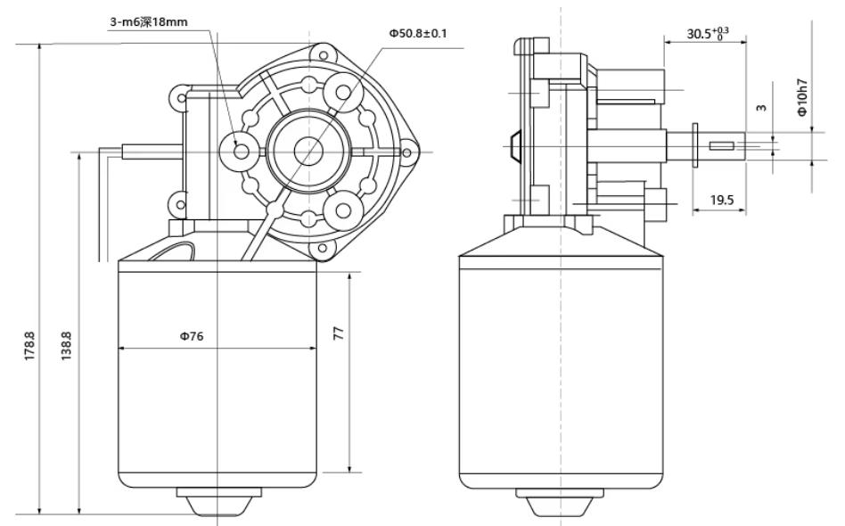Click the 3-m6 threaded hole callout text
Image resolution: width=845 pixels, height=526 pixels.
click(x=149, y=22)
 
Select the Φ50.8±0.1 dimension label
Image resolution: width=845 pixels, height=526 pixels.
click(x=418, y=33)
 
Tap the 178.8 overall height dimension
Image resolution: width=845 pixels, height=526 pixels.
click(x=29, y=346)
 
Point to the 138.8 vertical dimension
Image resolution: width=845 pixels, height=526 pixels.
click(x=66, y=346)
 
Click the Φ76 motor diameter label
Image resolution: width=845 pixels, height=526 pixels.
click(x=192, y=336)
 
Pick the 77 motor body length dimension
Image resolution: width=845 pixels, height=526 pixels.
click(x=339, y=333)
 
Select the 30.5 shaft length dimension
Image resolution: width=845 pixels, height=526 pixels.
click(x=707, y=33)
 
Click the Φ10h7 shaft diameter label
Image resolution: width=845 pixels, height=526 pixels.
click(x=803, y=97)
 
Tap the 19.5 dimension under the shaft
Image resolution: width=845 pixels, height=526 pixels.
click(x=722, y=201)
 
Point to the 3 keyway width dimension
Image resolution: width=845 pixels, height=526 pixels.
click(x=761, y=108)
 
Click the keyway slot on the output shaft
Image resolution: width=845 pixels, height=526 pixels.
click(x=722, y=145)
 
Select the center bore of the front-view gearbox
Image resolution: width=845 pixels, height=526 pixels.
click(x=308, y=152)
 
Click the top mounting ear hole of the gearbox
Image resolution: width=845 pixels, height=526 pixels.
click(x=324, y=55)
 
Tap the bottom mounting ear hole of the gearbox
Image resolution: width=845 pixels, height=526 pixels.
click(x=323, y=249)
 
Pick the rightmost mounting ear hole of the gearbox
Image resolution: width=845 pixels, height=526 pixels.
click(x=406, y=153)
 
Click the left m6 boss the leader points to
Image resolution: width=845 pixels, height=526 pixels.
click(x=242, y=152)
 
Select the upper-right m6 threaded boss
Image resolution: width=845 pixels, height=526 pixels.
click(x=343, y=93)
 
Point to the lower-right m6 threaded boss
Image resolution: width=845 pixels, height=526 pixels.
click(x=343, y=210)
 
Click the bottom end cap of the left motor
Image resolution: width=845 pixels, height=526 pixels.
click(x=218, y=501)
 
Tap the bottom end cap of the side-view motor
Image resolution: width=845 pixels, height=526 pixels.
click(x=560, y=501)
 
